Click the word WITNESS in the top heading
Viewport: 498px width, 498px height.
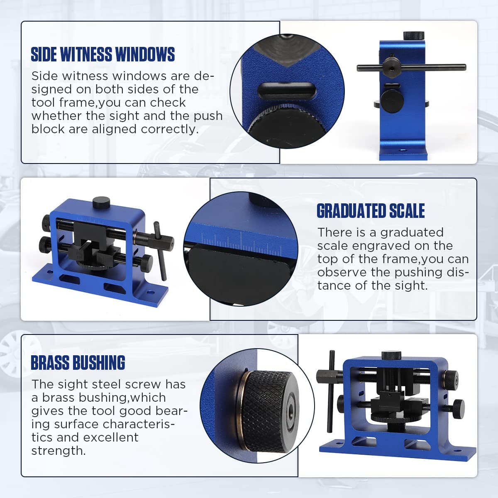point(86,54)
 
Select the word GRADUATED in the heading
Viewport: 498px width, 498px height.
point(352,211)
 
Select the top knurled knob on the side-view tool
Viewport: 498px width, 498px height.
point(414,36)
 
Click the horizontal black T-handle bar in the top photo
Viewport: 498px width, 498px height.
point(411,68)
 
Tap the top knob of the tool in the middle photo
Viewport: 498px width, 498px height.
point(101,203)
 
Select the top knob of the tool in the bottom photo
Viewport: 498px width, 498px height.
point(391,355)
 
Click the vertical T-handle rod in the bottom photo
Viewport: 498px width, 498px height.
point(331,391)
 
